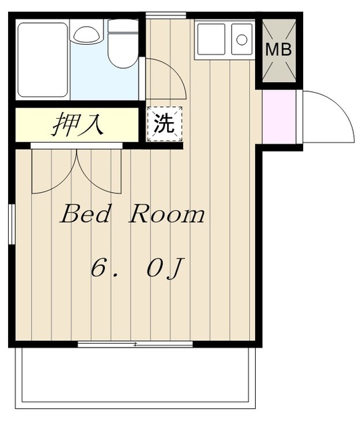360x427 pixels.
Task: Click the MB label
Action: click(x=279, y=49)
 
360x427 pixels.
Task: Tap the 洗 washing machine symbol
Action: click(x=164, y=124)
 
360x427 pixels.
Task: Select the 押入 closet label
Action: click(x=78, y=124)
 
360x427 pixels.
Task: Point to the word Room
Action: click(x=167, y=215)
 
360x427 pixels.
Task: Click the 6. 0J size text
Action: click(x=136, y=268)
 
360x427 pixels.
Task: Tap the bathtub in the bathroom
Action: click(x=43, y=60)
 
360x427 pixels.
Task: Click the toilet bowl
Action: click(x=123, y=51)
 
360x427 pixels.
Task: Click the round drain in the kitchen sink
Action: click(x=242, y=40)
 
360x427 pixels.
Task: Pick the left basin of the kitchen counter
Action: click(x=211, y=39)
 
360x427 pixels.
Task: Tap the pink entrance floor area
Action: click(x=279, y=117)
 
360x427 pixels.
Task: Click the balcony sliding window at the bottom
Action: click(x=135, y=344)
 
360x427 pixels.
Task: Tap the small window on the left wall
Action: click(x=11, y=224)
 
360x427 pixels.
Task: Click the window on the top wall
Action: click(x=166, y=15)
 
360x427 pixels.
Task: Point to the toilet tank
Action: click(x=123, y=26)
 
